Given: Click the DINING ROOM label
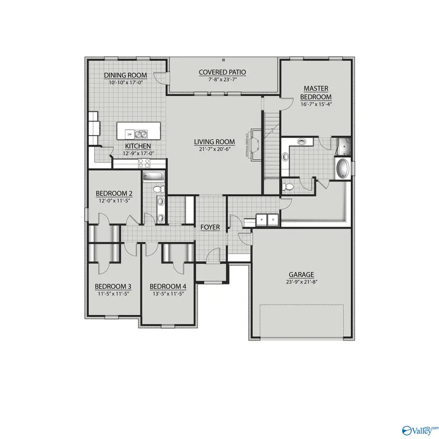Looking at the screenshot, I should tap(122, 75).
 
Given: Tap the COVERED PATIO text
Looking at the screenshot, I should tap(222, 72).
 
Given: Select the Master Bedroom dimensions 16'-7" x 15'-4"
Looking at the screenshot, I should tap(316, 104).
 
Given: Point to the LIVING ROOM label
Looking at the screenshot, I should tap(215, 142).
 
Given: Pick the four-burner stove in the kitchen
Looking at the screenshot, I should tap(144, 163).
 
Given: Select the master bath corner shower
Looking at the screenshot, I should tap(344, 145).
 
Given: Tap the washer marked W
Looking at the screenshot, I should tap(262, 219).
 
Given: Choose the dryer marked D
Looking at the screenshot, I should tap(273, 219).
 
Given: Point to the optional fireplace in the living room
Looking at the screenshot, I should tap(256, 142).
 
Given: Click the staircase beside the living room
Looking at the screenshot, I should tap(271, 146).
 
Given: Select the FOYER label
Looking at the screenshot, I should tap(210, 227).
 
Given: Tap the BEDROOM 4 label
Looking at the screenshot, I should tap(168, 286).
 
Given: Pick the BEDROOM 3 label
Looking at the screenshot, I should tap(113, 286).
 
